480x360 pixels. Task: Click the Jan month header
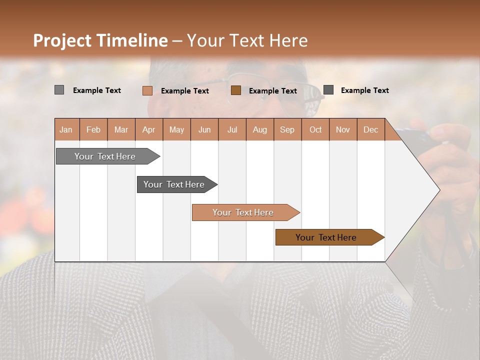[66, 129]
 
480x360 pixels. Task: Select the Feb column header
[93, 129]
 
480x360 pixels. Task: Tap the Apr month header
[149, 129]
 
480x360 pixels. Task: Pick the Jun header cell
[204, 129]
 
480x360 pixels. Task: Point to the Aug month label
[260, 129]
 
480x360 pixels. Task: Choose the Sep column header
[287, 129]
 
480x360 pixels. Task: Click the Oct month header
[315, 129]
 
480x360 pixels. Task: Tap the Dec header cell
[371, 129]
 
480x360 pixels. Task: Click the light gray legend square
[59, 90]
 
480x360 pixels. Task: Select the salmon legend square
[147, 90]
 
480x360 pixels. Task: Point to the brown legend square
[236, 90]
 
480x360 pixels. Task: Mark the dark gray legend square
[328, 90]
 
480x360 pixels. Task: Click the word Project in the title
[63, 40]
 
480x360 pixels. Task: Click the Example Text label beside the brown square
[273, 90]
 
